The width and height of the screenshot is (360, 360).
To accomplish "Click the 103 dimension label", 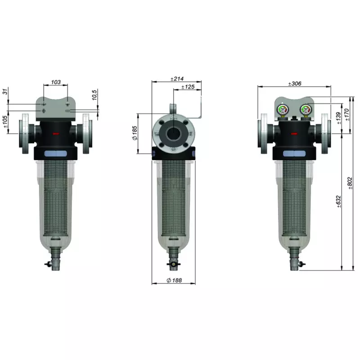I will (x=55, y=82).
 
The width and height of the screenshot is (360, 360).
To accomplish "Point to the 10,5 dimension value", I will (x=94, y=95).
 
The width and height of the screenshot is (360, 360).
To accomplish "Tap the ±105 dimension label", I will (x=5, y=122).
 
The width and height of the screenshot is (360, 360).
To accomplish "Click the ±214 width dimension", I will (x=177, y=79).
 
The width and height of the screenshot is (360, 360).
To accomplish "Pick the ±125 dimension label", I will (x=187, y=87).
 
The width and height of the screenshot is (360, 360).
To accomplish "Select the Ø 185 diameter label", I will (x=135, y=133).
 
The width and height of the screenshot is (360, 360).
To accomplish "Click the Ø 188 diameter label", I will (x=174, y=280).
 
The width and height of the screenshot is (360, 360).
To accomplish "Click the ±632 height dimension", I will (x=338, y=201).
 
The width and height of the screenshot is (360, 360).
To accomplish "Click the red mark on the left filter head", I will (x=56, y=134).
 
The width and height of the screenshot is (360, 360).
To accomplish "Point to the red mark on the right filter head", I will (x=295, y=134).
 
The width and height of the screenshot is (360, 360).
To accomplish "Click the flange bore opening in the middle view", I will (x=174, y=134).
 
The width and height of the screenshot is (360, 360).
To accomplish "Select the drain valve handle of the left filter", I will (x=48, y=265).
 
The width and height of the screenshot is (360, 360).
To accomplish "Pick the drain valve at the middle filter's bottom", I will (x=173, y=265).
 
